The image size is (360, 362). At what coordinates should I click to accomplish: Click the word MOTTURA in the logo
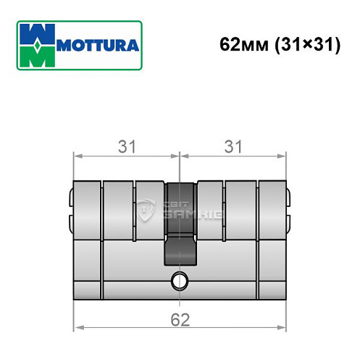(x=97, y=46)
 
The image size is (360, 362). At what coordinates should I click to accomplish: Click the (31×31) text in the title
(x=303, y=44)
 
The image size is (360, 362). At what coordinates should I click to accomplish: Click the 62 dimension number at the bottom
(x=180, y=319)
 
